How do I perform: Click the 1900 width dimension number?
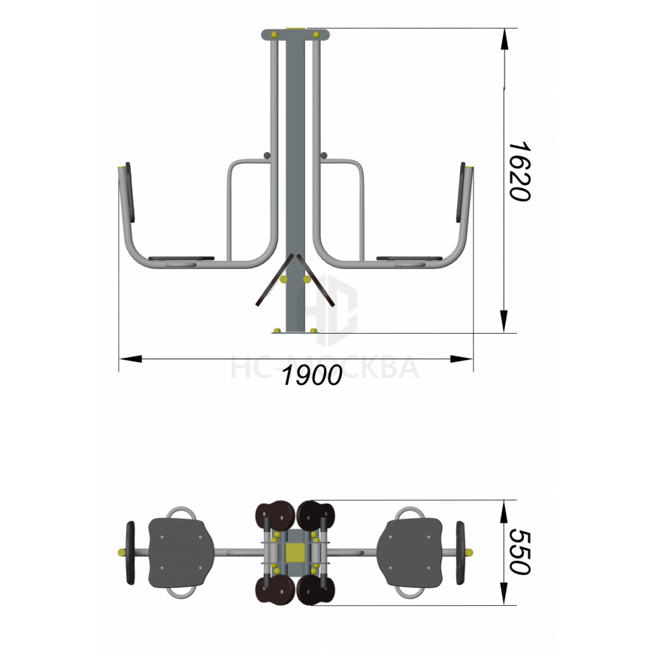(312, 375)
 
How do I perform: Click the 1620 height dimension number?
(519, 171)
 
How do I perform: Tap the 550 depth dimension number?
(519, 552)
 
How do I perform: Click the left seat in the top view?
(181, 553)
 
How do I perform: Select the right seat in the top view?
(410, 553)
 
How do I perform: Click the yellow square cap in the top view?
(295, 553)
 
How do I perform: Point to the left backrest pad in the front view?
(130, 192)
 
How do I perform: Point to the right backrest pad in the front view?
(461, 192)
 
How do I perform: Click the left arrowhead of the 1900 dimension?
(130, 359)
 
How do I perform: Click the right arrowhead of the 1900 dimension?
(462, 359)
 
